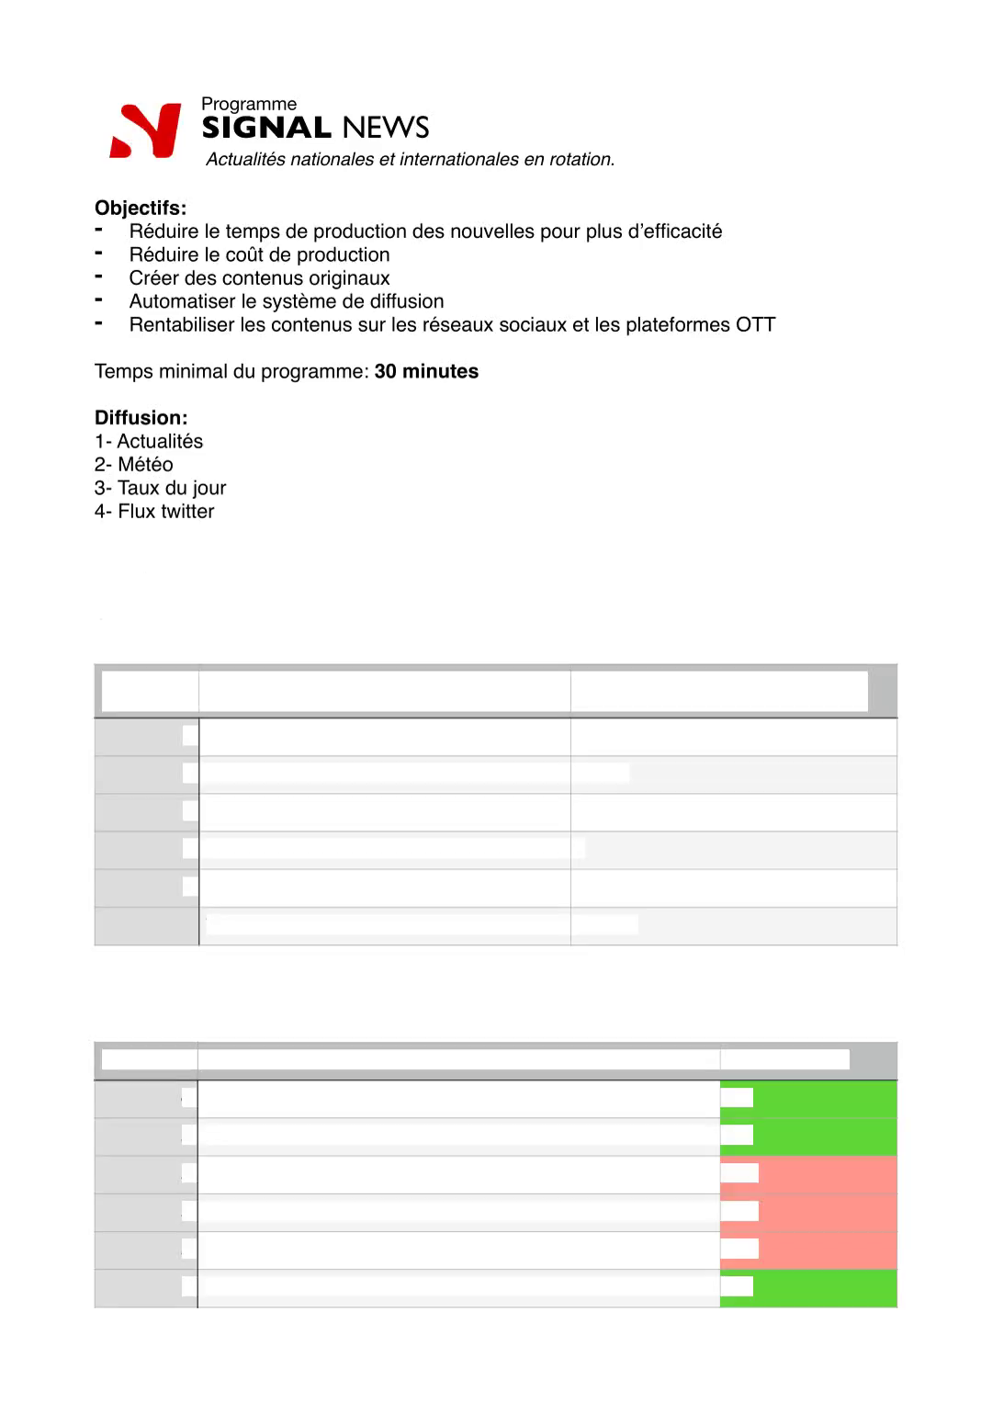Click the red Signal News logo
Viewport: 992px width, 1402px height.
tap(145, 130)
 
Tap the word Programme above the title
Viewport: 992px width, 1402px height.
tap(249, 104)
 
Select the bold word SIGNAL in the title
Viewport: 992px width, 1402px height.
tap(266, 127)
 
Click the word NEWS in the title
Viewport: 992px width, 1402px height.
tap(386, 127)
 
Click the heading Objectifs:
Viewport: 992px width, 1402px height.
tap(141, 208)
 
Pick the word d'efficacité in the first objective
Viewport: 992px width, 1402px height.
tap(675, 232)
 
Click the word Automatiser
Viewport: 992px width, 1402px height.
tap(182, 301)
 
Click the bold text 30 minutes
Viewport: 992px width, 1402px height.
tap(426, 371)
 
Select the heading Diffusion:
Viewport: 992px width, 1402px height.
tap(141, 418)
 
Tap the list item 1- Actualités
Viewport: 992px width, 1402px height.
tap(149, 441)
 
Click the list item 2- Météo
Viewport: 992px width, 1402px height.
tap(134, 465)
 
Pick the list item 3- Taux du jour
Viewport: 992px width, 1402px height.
tap(160, 488)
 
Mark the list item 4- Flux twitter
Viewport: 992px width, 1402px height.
tap(154, 512)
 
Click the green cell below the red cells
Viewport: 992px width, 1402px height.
tap(825, 1288)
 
